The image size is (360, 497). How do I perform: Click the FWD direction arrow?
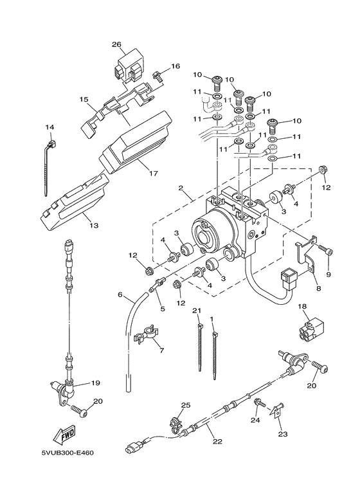[x=64, y=433]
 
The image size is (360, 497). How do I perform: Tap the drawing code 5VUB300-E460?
[x=67, y=453]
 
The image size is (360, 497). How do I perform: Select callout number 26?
[x=117, y=44]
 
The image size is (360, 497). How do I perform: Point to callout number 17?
[x=154, y=174]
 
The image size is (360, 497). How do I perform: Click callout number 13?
[x=94, y=226]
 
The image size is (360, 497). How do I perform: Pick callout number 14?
[x=50, y=127]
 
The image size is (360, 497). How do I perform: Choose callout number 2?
[x=181, y=188]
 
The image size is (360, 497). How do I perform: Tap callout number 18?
[x=303, y=306]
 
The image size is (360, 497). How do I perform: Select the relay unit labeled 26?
[x=126, y=67]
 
